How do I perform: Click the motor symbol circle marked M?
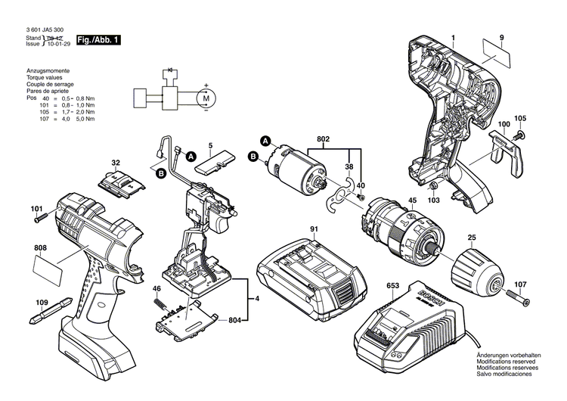(x=206, y=97)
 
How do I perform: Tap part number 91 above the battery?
(x=313, y=228)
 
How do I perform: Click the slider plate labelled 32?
(x=120, y=183)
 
